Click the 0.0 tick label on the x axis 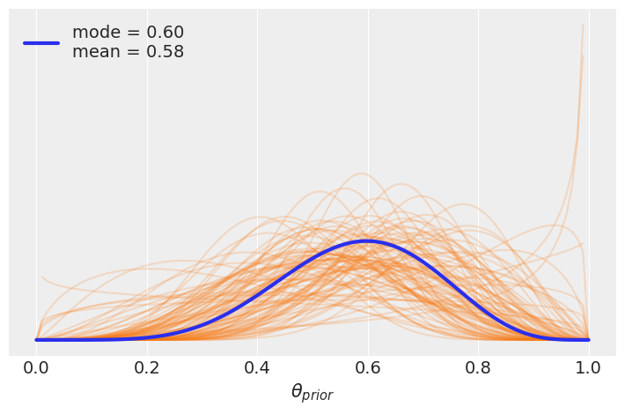click(36, 366)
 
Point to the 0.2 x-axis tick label click(147, 366)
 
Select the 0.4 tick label click(257, 366)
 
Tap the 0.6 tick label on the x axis click(368, 366)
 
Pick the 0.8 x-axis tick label click(478, 366)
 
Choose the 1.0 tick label click(588, 366)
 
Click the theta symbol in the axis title click(297, 392)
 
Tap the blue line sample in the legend click(40, 42)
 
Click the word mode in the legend click(94, 33)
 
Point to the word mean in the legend click(94, 52)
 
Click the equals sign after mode click(130, 33)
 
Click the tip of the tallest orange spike click(583, 25)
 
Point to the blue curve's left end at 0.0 click(37, 339)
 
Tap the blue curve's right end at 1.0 click(588, 339)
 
